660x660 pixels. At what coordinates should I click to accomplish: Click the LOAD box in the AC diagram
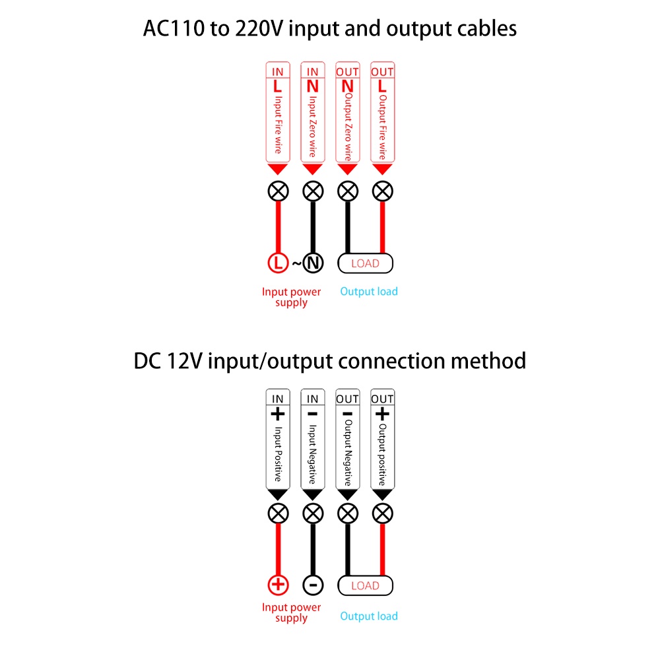click(x=365, y=263)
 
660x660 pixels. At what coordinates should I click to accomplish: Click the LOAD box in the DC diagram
click(x=365, y=585)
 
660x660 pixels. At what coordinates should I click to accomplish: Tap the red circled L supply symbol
click(x=278, y=263)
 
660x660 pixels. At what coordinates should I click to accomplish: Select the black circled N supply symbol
click(x=313, y=263)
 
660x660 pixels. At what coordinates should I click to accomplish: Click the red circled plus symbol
click(x=278, y=585)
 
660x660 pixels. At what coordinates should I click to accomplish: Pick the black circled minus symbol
click(x=313, y=585)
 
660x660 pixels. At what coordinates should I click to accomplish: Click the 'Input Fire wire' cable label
click(x=278, y=124)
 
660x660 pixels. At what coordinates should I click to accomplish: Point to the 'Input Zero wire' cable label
click(x=313, y=125)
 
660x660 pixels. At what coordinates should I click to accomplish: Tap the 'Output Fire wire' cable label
click(x=383, y=125)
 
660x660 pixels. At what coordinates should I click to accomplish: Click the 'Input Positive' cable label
click(x=278, y=454)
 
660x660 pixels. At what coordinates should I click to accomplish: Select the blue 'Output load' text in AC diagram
click(x=369, y=291)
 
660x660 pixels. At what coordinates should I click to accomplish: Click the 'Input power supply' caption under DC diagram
click(x=291, y=612)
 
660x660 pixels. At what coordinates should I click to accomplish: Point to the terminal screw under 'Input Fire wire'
click(x=278, y=191)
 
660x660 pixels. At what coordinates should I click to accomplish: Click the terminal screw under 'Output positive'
click(x=383, y=513)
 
